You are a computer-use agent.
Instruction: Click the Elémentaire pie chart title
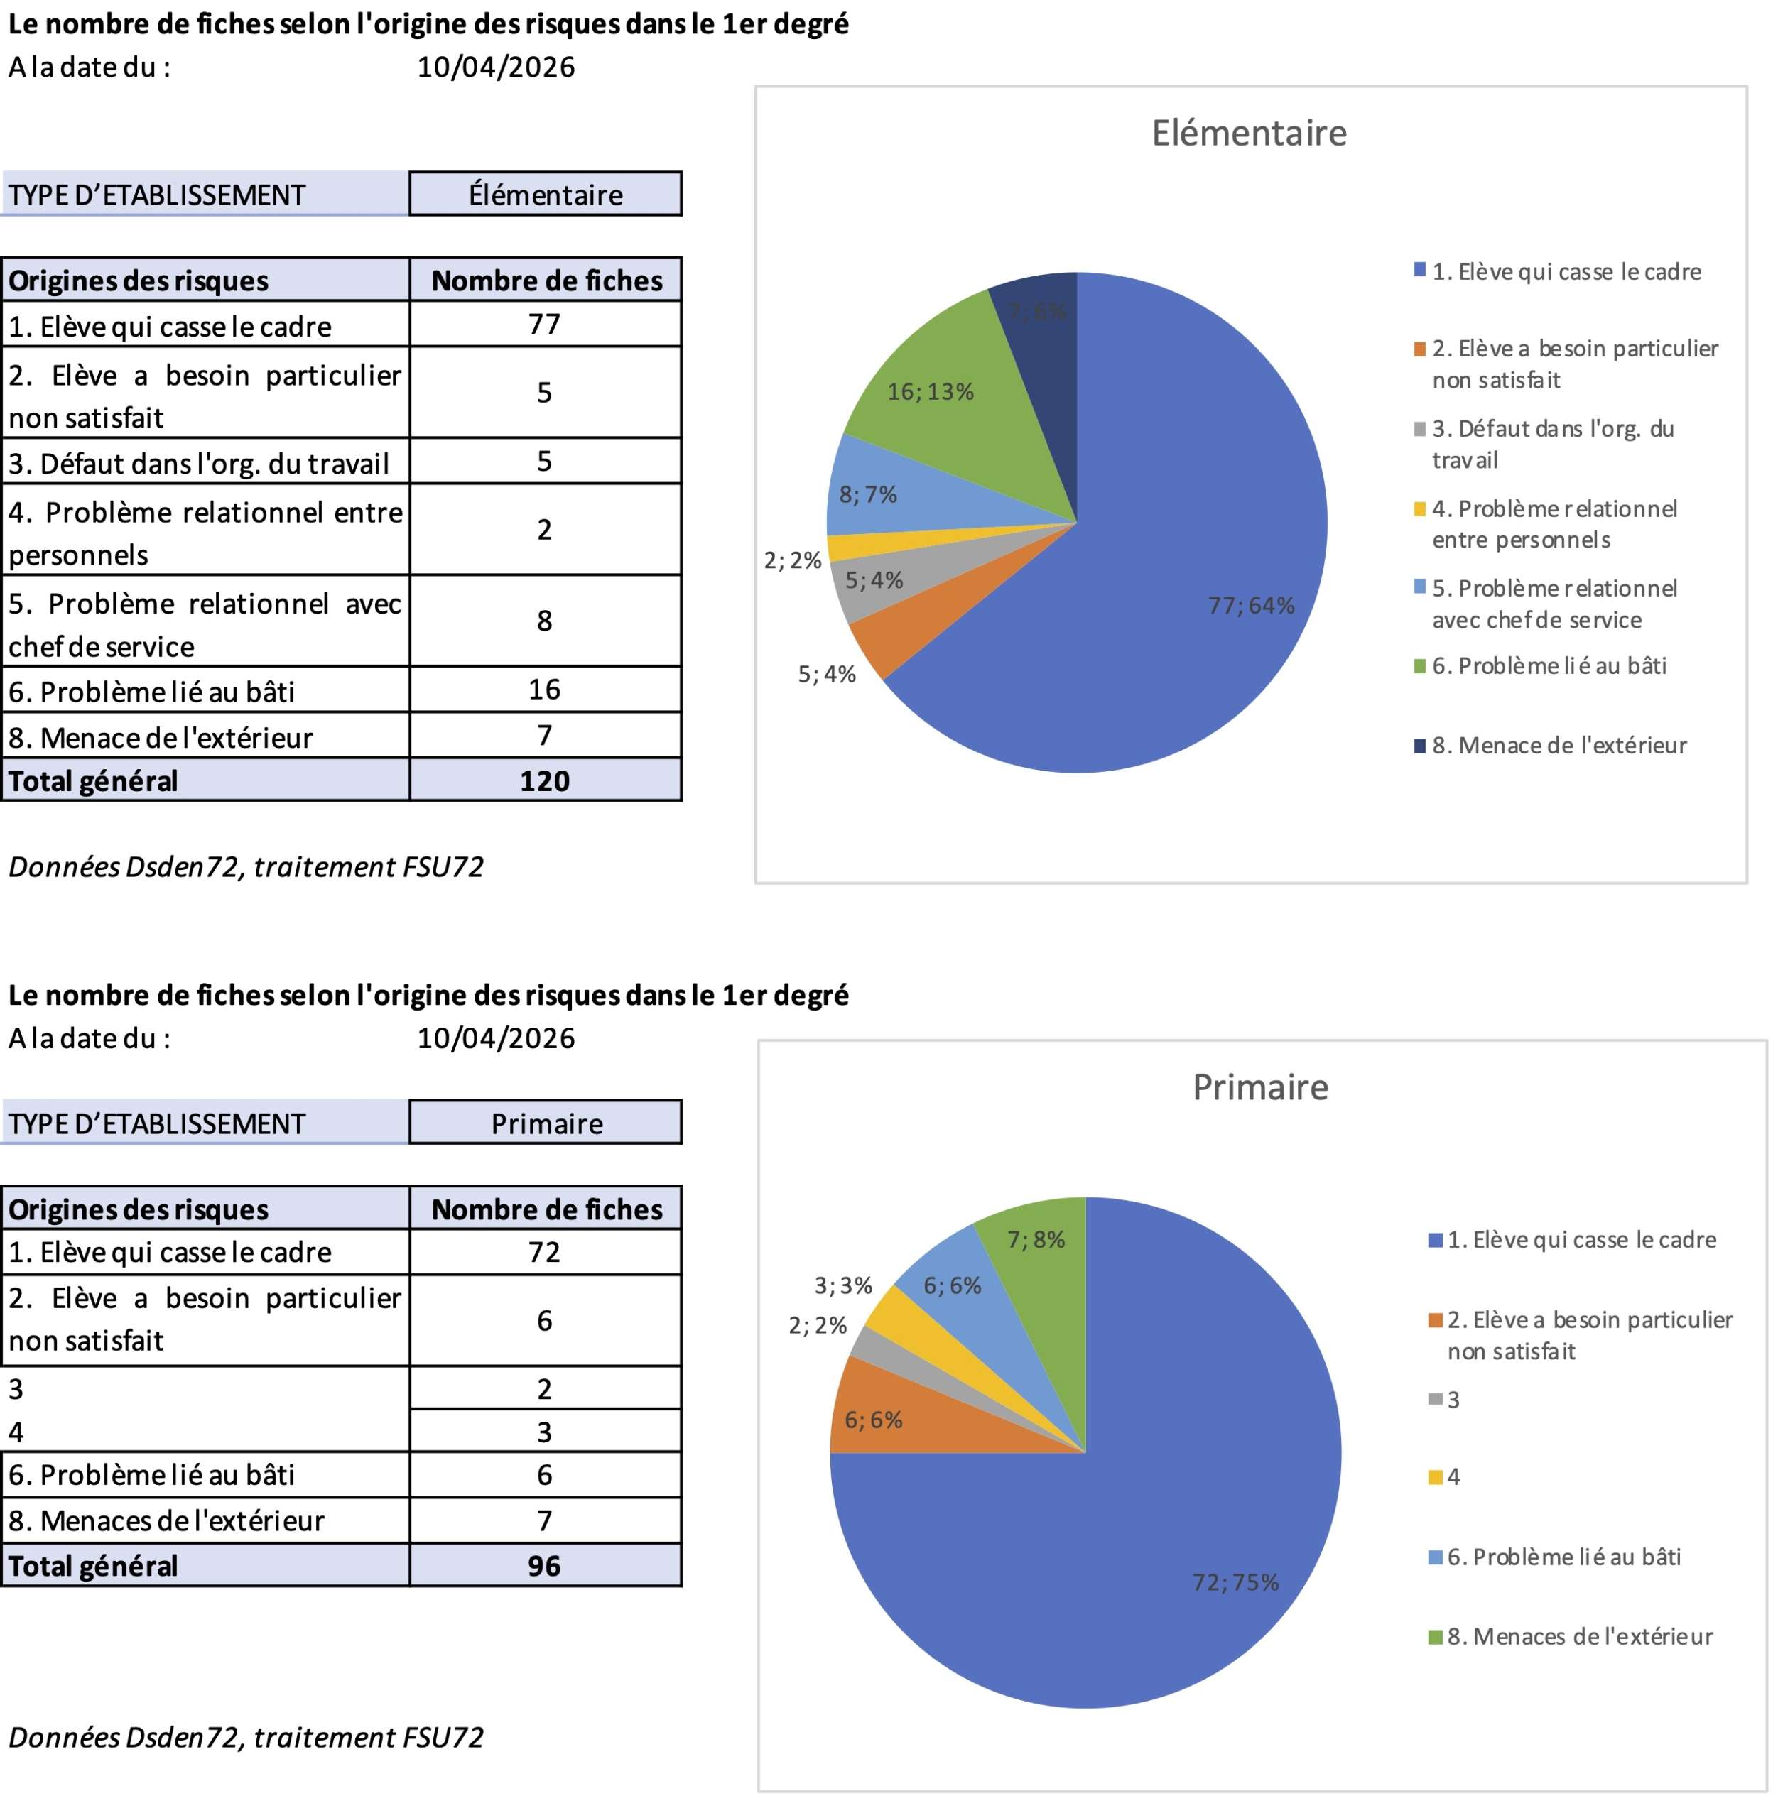click(1249, 134)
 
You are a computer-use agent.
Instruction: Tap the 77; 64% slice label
click(1252, 606)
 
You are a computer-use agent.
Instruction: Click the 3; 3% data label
click(843, 1286)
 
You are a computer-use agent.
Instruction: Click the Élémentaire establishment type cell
click(546, 194)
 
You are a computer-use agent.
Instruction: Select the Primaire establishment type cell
click(546, 1123)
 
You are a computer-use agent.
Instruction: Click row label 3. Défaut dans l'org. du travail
click(198, 463)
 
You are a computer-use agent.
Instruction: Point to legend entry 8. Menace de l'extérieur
click(1559, 745)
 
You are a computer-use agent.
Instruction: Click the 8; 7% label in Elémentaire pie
click(867, 494)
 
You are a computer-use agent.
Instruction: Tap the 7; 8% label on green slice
click(1036, 1240)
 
